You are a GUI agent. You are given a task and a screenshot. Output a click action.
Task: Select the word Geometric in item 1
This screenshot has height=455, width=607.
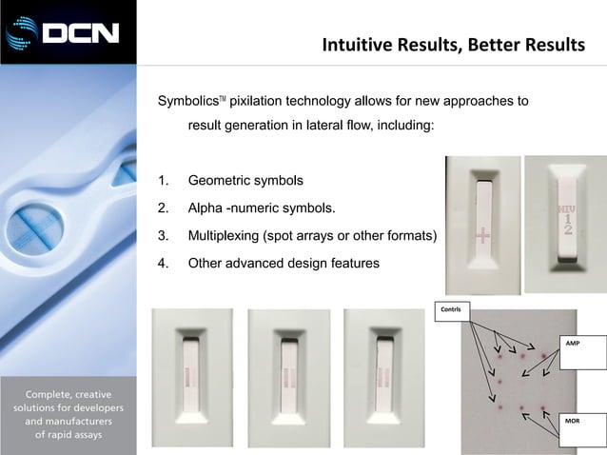[x=222, y=180]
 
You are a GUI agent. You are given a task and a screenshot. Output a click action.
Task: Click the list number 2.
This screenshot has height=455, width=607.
[x=164, y=208]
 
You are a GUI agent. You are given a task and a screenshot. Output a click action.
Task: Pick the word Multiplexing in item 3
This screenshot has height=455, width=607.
[x=226, y=235]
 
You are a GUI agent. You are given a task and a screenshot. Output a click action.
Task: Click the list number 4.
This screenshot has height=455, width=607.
[x=164, y=263]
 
